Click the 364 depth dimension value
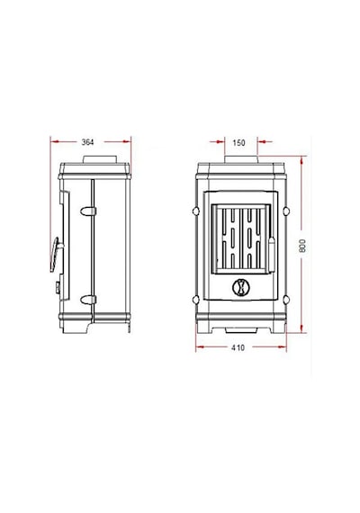87,142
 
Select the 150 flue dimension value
238,143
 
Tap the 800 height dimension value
302,246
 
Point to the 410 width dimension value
238,347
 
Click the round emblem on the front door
240,287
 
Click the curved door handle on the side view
54,255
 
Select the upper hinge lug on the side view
88,211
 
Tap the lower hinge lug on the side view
88,300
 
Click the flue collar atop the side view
100,159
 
